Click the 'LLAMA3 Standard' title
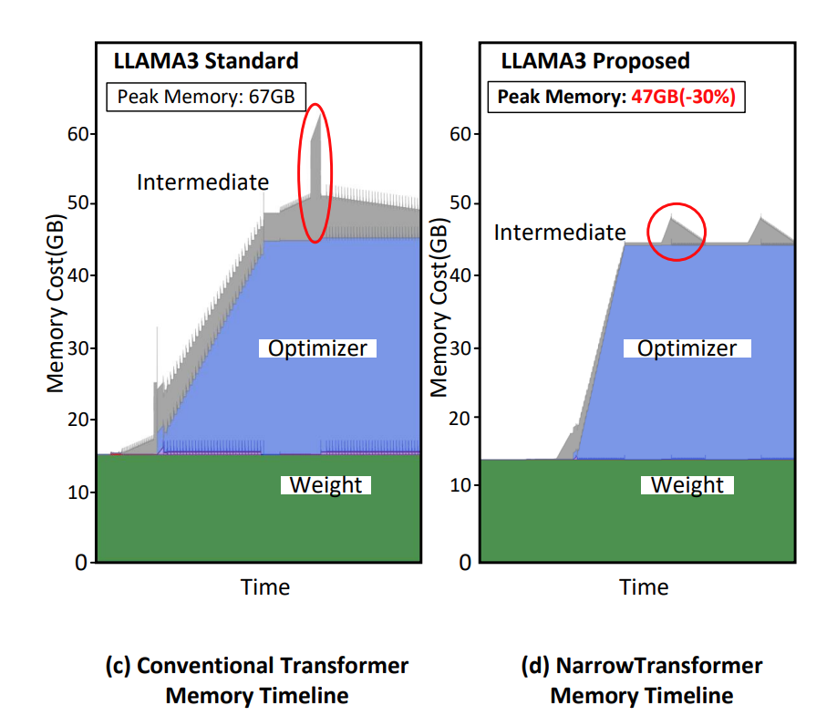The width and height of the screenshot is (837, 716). click(x=205, y=62)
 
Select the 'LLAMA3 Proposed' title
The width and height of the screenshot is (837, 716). click(x=594, y=62)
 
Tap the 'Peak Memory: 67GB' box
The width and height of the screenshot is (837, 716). click(x=206, y=96)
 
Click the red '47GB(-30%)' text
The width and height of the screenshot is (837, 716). click(x=683, y=97)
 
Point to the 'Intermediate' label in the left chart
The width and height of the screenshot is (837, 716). click(x=202, y=182)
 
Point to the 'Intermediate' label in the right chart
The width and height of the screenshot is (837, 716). click(x=560, y=233)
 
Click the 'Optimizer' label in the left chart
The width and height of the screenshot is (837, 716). click(x=317, y=348)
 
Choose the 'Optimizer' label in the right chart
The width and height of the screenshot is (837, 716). click(x=687, y=348)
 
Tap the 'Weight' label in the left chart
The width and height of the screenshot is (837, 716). click(x=325, y=484)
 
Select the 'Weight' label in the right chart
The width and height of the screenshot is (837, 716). click(x=687, y=484)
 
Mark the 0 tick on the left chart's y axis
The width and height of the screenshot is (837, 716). click(x=80, y=563)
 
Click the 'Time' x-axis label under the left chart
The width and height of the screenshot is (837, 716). click(x=265, y=586)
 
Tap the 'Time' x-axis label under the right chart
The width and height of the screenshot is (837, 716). click(x=644, y=586)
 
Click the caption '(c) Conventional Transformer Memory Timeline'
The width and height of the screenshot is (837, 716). click(x=257, y=680)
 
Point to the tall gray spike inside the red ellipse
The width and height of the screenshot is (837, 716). click(x=315, y=160)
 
